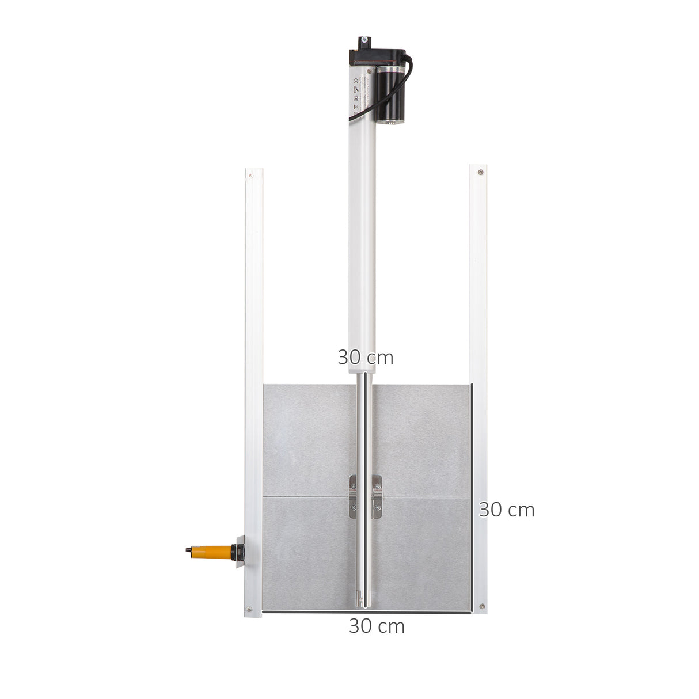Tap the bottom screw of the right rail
(482, 606)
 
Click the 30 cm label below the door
(377, 626)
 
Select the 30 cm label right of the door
(507, 510)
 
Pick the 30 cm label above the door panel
(365, 358)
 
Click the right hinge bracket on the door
(377, 497)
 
